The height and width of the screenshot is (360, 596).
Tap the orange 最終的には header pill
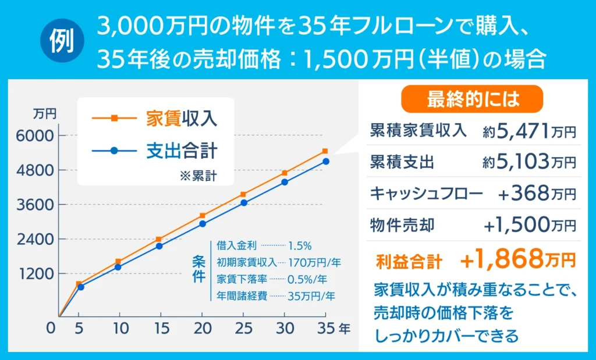[x=472, y=99]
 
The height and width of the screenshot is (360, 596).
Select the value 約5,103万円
[x=529, y=162]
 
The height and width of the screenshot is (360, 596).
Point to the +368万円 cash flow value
[x=537, y=193]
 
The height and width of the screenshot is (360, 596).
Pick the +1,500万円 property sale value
[x=530, y=224]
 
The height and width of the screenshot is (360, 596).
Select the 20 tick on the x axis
[x=202, y=329]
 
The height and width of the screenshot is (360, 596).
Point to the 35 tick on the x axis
[x=325, y=329]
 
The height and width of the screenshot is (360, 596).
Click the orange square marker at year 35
[x=325, y=151]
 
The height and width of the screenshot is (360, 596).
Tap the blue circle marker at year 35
[x=326, y=161]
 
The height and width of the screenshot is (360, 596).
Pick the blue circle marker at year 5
[x=81, y=287]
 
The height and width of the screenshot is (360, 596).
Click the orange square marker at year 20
[x=202, y=216]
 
